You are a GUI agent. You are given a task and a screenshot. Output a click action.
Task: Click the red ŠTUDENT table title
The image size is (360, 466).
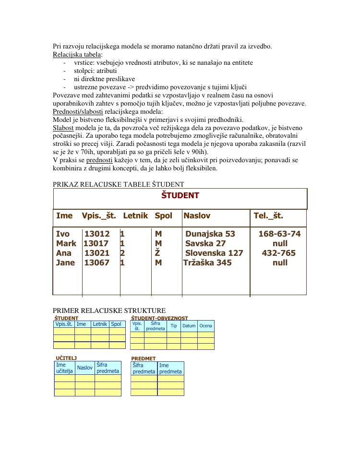click(x=180, y=195)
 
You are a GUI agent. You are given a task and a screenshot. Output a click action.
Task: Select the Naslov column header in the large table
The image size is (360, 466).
click(x=197, y=216)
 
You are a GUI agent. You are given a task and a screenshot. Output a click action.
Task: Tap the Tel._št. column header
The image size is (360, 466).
click(x=268, y=216)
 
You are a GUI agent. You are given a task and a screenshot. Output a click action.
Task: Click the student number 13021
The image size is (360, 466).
click(x=97, y=253)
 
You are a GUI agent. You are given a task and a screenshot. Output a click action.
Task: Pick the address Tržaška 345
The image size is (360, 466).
click(x=207, y=263)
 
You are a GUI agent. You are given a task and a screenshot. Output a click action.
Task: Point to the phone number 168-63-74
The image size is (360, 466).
click(x=279, y=234)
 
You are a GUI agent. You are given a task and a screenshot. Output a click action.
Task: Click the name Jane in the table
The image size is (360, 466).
click(x=66, y=263)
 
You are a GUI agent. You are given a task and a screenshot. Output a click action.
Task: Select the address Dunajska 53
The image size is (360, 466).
click(x=210, y=234)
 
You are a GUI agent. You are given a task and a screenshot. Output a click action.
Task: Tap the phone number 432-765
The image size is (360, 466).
click(x=278, y=253)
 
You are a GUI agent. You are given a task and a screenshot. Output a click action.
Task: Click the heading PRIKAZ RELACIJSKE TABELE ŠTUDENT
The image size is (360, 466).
click(x=118, y=184)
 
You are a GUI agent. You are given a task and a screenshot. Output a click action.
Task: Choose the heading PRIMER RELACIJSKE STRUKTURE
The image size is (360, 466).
click(x=109, y=311)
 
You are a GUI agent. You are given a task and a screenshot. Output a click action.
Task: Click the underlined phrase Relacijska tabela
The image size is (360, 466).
click(x=77, y=54)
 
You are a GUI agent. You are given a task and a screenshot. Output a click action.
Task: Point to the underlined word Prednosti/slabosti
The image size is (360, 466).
click(x=78, y=111)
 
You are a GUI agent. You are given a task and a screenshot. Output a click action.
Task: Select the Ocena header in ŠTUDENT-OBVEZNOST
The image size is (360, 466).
click(x=205, y=326)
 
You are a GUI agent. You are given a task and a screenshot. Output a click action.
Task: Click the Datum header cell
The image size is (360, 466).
click(x=189, y=326)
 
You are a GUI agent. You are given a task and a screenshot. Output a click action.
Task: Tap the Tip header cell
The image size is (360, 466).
click(x=174, y=326)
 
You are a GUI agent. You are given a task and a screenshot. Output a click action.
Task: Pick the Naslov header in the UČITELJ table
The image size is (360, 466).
click(x=84, y=368)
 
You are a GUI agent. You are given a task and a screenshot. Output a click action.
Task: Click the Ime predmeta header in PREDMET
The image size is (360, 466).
click(x=170, y=368)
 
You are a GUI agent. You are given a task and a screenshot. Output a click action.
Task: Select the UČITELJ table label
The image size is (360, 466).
click(x=66, y=358)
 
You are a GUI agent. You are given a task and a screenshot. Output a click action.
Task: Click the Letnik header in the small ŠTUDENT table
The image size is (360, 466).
click(x=100, y=324)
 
